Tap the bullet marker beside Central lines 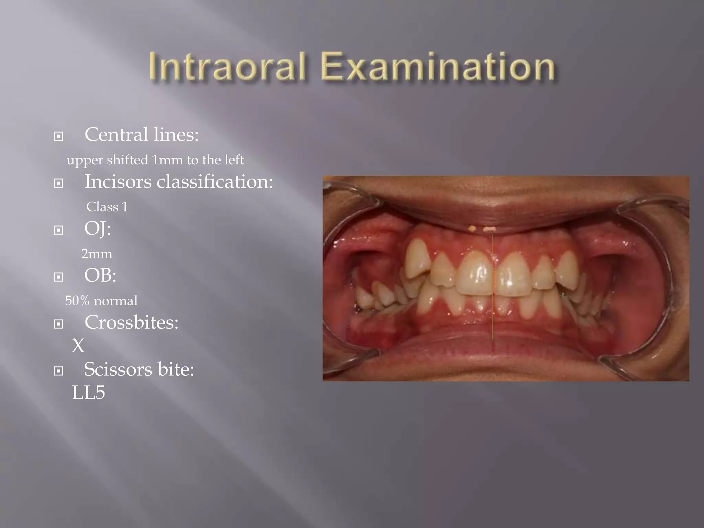point(59,136)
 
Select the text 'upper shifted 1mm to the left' point(155,160)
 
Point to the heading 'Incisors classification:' point(178,181)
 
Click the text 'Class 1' point(107,207)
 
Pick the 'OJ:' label point(98,229)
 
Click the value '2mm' point(97,254)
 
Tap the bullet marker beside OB point(59,277)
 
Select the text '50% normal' point(101,301)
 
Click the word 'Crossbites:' point(131,322)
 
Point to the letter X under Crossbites point(78,345)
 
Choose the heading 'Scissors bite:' point(139,370)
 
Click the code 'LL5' point(88,393)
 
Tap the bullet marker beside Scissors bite point(59,371)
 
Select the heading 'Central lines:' point(141,134)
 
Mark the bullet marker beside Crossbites point(59,324)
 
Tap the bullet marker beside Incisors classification point(59,183)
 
